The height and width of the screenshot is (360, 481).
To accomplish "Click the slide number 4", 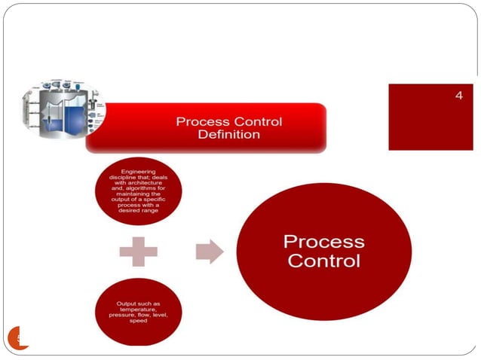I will pos(458,96).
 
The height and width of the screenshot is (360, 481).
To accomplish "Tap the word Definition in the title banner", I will pos(228,135).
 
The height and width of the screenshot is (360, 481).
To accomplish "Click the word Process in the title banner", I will pos(199,122).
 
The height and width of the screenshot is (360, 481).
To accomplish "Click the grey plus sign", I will pos(138,251).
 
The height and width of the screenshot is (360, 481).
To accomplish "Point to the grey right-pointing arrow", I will pos(210,251).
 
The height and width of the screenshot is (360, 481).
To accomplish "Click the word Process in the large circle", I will pos(323,242).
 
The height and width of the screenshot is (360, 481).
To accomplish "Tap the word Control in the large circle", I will pos(324,261).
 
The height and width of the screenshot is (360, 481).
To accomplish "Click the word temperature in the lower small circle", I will pos(139,310).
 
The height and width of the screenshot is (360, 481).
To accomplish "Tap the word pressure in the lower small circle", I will pos(121,315).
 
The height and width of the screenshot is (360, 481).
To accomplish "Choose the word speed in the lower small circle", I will pos(138,321).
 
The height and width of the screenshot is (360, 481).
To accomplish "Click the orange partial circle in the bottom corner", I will pos(19,338).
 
